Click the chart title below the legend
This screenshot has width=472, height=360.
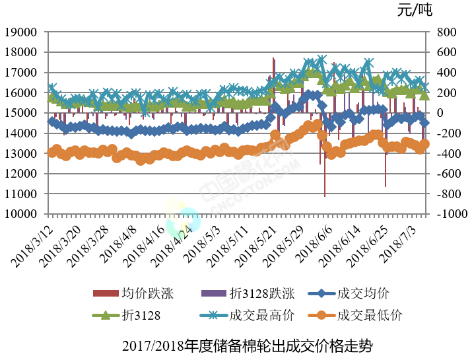(248, 345)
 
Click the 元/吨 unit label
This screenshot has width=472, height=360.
(415, 10)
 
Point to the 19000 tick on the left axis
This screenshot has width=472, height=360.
(23, 32)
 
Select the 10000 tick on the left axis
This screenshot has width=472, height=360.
(23, 215)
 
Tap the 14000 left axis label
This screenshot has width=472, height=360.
(23, 133)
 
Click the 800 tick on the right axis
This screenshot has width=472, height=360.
(446, 32)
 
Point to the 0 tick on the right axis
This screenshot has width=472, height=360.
(440, 113)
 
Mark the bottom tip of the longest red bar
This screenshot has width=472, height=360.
(325, 196)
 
